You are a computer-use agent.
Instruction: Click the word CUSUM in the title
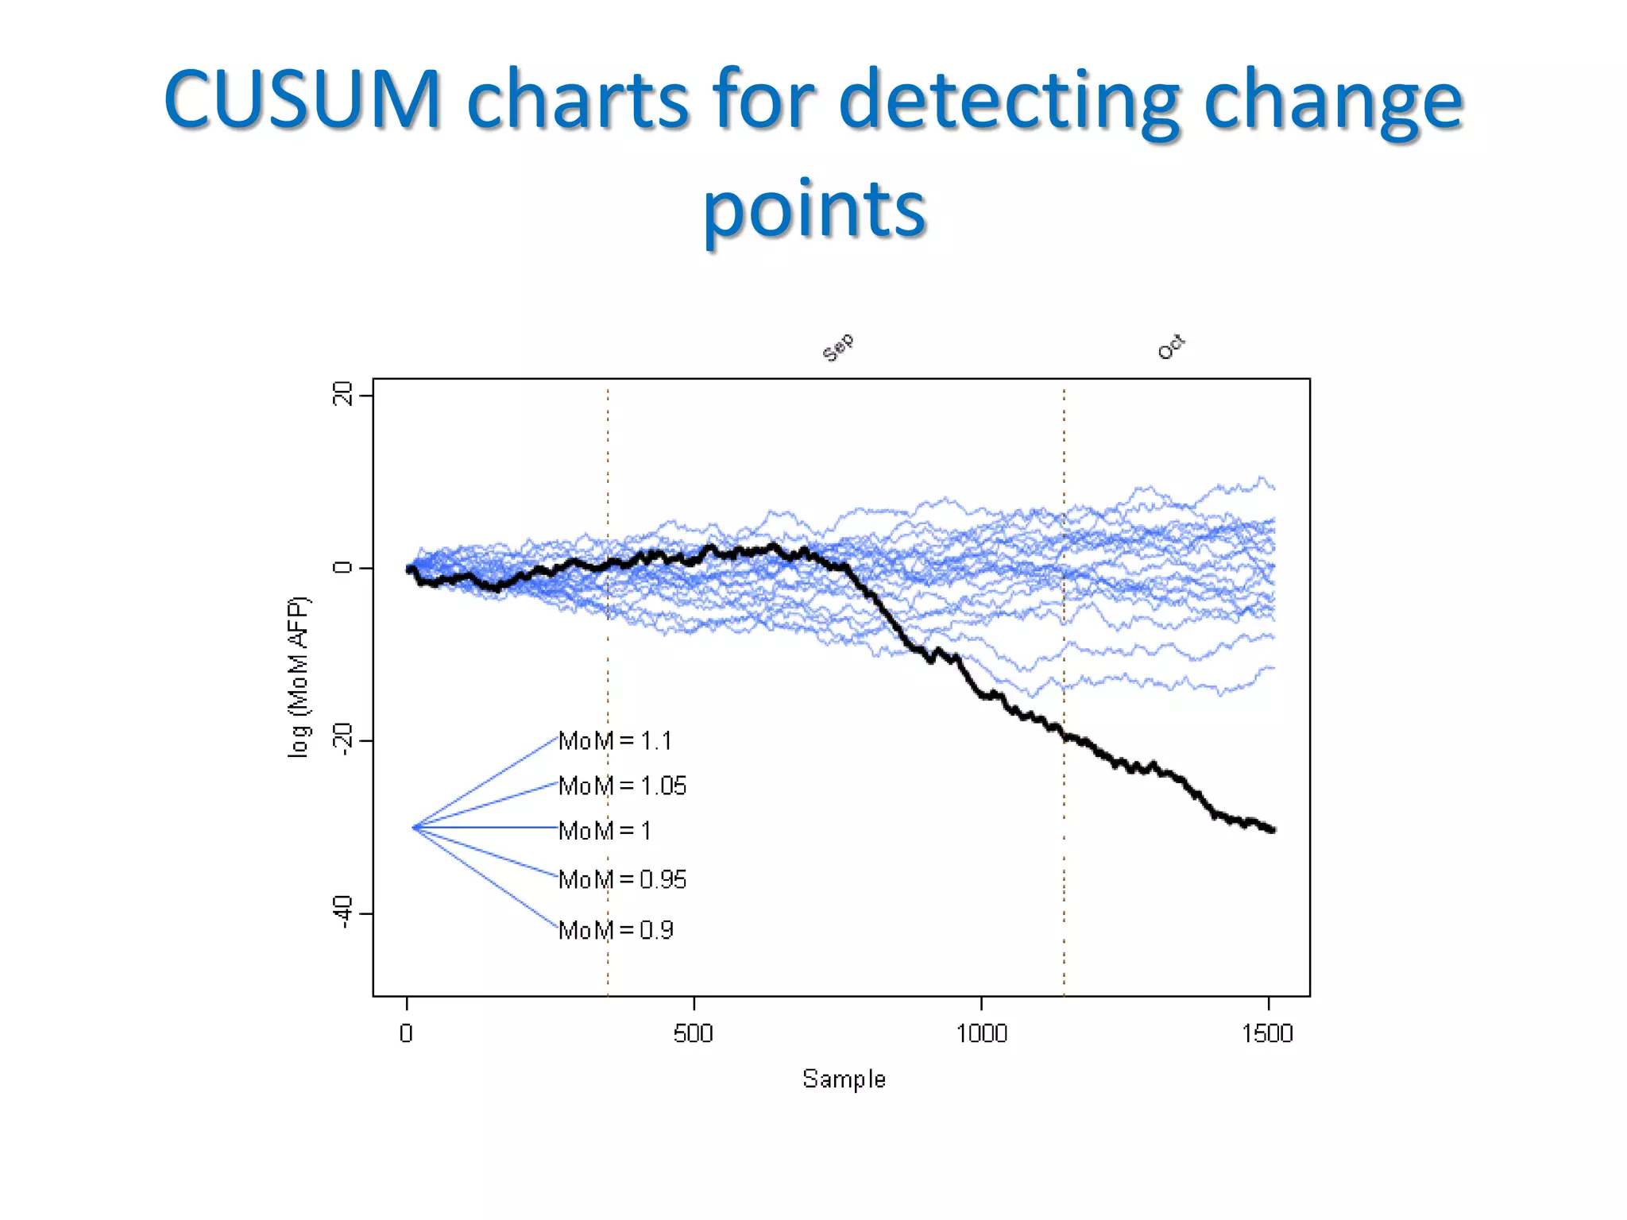pyautogui.click(x=302, y=99)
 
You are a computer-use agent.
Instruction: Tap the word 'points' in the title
pyautogui.click(x=814, y=208)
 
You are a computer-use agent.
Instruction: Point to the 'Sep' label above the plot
pyautogui.click(x=837, y=347)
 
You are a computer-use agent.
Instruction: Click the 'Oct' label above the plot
pyautogui.click(x=1171, y=347)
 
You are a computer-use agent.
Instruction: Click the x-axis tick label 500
pyautogui.click(x=694, y=1033)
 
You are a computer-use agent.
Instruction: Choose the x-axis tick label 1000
pyautogui.click(x=981, y=1033)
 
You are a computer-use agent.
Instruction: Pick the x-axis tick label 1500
pyautogui.click(x=1268, y=1033)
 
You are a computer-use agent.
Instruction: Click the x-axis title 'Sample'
pyautogui.click(x=844, y=1079)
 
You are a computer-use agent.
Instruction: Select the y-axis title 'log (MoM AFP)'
pyautogui.click(x=299, y=677)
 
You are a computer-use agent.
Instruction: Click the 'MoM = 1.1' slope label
pyautogui.click(x=615, y=740)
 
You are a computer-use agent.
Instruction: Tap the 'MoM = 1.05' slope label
pyautogui.click(x=622, y=786)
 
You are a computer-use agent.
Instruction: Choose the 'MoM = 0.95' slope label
pyautogui.click(x=622, y=879)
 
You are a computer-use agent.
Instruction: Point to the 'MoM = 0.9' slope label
pyautogui.click(x=616, y=929)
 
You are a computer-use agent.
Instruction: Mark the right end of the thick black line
pyautogui.click(x=1273, y=830)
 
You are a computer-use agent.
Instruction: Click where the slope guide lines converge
pyautogui.click(x=413, y=828)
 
